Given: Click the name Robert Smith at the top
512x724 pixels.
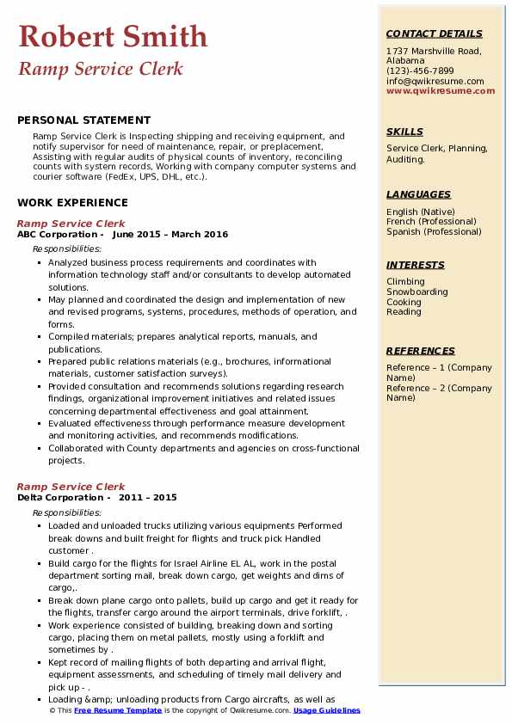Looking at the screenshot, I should tap(113, 36).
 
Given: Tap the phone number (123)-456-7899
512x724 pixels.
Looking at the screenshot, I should tap(420, 71).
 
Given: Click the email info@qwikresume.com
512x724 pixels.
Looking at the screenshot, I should tap(435, 81).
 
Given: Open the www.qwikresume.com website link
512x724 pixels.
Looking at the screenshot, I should tap(441, 90).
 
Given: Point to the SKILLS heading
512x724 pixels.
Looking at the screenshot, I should tap(404, 132).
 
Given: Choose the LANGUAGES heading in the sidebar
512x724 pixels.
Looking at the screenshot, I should tap(418, 194).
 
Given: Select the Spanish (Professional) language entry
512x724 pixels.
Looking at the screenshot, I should tap(434, 231).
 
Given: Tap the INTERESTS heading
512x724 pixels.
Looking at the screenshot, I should tap(416, 265).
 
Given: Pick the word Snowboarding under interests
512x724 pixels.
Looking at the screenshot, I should tap(417, 292).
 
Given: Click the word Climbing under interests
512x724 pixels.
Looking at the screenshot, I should tap(405, 282).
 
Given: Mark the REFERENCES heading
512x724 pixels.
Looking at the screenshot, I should tap(421, 351).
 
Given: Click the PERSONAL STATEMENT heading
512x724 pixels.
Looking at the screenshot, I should tap(83, 120).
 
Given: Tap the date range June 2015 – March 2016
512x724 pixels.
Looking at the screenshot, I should tap(170, 235).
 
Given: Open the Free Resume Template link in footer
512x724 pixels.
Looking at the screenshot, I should tap(118, 711).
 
